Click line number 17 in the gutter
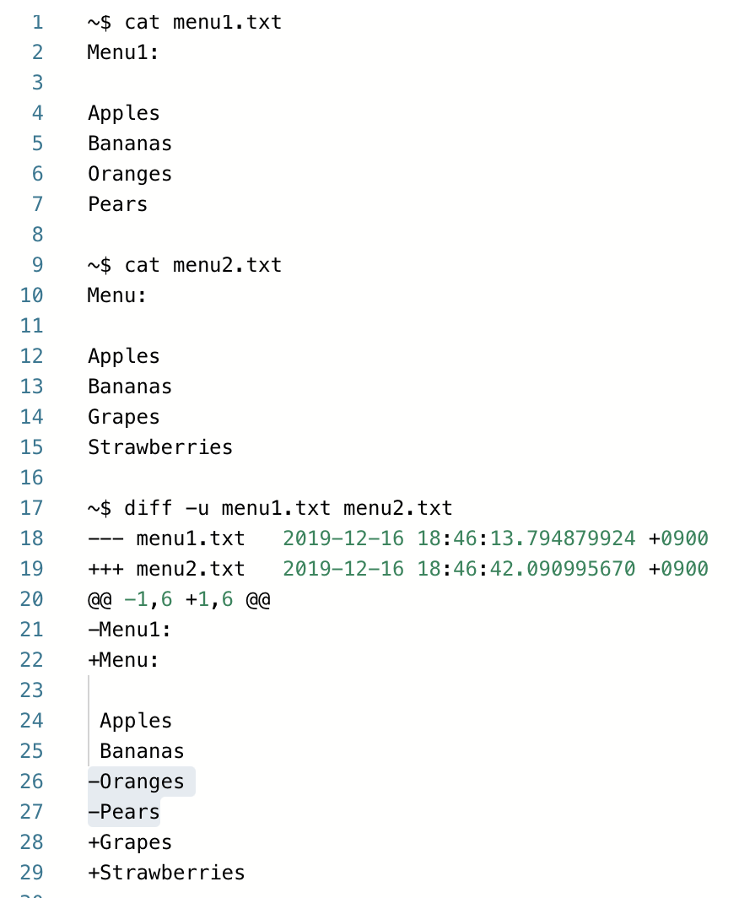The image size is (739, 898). (x=32, y=508)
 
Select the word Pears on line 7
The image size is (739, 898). (x=117, y=204)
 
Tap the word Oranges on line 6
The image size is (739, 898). (x=129, y=174)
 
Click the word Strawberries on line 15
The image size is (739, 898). (x=159, y=447)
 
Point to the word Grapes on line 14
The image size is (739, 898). (x=123, y=417)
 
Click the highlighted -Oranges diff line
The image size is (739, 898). (x=136, y=782)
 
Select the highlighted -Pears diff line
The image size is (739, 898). (x=124, y=812)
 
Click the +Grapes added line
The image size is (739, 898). (x=130, y=842)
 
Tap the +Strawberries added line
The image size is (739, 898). (x=166, y=873)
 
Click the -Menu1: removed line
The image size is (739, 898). (x=130, y=630)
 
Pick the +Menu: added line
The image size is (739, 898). (x=123, y=660)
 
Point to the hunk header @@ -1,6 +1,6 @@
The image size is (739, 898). (x=178, y=599)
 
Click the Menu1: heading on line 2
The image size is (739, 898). (x=123, y=52)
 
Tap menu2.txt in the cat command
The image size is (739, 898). (x=227, y=265)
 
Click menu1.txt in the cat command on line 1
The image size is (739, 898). (x=227, y=22)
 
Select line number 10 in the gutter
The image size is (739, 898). (x=32, y=295)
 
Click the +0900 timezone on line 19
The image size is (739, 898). (x=678, y=569)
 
